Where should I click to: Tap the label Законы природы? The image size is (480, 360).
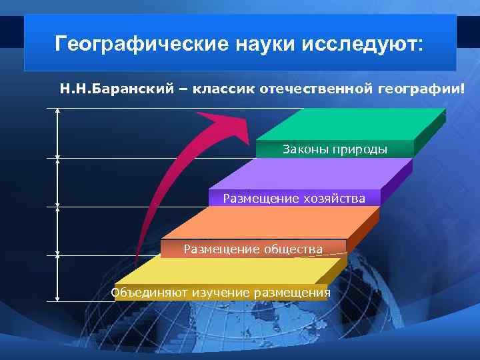pos(335,149)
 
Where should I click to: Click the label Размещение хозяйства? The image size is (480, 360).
pos(294,198)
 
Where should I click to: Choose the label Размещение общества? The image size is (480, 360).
pos(253,249)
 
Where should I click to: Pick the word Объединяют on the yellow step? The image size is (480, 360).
pos(150,293)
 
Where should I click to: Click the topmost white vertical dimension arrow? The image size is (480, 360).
pos(58,133)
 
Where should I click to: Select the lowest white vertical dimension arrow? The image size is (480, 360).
pos(58,279)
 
